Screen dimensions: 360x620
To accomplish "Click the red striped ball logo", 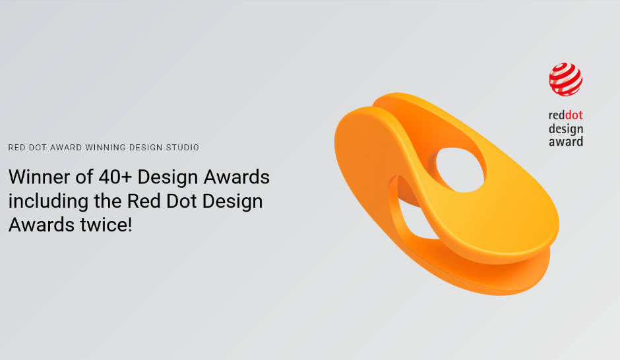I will (565, 79).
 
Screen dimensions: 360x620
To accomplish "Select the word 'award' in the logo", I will (565, 141).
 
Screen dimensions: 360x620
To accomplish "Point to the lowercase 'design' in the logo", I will (565, 129).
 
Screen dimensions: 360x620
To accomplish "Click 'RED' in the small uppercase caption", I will (16, 148).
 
